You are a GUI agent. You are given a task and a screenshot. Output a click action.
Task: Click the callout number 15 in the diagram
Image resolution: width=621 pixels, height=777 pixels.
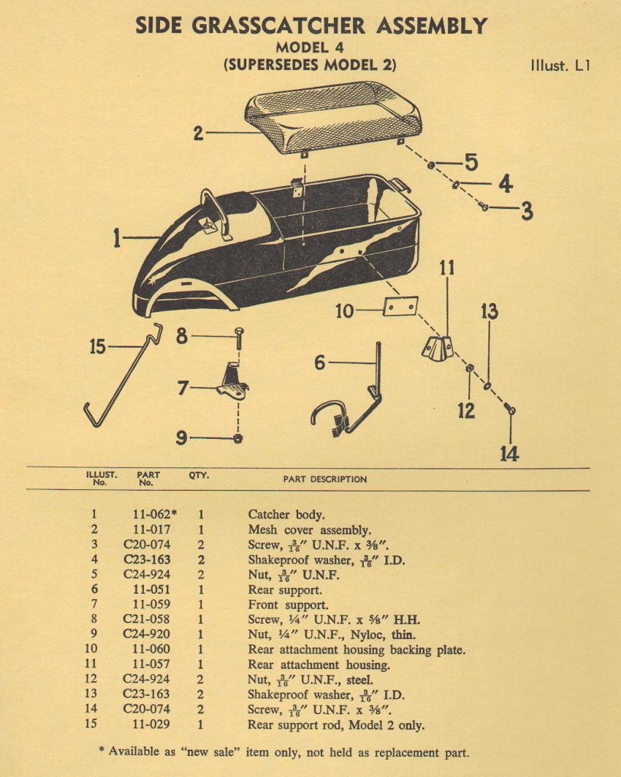pyautogui.click(x=97, y=347)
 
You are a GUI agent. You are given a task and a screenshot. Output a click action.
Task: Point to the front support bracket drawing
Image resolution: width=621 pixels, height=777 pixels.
pyautogui.click(x=232, y=381)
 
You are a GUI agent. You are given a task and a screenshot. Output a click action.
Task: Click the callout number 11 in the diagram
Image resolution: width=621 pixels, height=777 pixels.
pyautogui.click(x=447, y=268)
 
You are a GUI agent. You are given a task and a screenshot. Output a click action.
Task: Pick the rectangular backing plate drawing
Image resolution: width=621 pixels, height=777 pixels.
pyautogui.click(x=400, y=307)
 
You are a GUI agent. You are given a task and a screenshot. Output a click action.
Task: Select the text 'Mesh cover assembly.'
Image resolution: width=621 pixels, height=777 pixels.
pyautogui.click(x=309, y=529)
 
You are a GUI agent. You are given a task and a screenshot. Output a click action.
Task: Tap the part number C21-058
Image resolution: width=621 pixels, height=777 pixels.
pyautogui.click(x=146, y=619)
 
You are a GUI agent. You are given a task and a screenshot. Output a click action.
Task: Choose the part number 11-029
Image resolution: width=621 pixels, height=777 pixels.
pyautogui.click(x=146, y=724)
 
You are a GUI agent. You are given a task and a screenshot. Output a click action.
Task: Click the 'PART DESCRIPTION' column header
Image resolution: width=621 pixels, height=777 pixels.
pyautogui.click(x=325, y=479)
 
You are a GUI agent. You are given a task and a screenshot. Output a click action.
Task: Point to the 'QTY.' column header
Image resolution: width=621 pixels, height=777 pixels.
pyautogui.click(x=199, y=475)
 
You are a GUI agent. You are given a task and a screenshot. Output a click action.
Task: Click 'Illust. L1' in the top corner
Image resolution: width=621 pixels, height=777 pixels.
pyautogui.click(x=560, y=64)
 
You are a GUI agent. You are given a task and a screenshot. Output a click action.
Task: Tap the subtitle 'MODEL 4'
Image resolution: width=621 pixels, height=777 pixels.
pyautogui.click(x=310, y=47)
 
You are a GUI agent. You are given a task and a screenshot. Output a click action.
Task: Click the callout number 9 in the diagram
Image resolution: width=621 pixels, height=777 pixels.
pyautogui.click(x=180, y=438)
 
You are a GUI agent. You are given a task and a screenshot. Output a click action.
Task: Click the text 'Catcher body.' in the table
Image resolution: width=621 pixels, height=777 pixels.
pyautogui.click(x=282, y=514)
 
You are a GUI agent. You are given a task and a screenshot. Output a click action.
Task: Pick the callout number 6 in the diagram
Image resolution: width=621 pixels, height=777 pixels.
pyautogui.click(x=319, y=363)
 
